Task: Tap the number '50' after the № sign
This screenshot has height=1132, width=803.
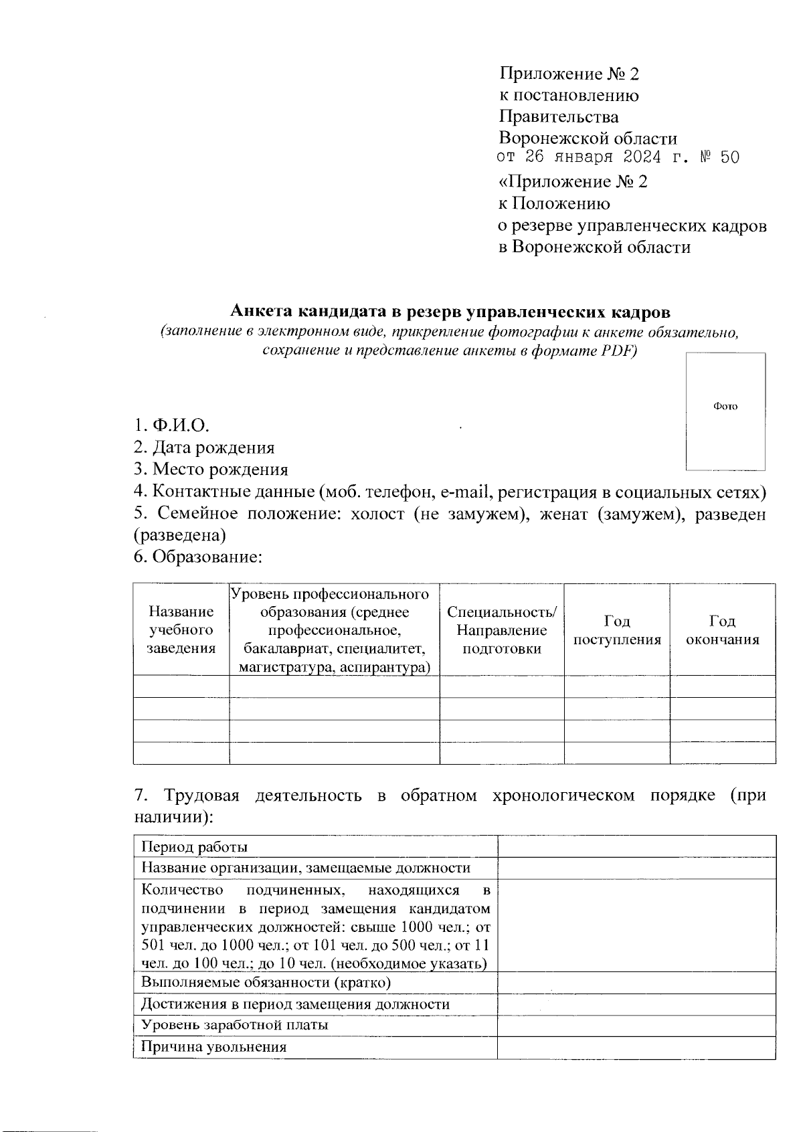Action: pos(729,158)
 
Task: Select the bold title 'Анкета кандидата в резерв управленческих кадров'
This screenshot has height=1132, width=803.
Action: pos(450,312)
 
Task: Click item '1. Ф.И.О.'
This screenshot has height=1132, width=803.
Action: pos(171,426)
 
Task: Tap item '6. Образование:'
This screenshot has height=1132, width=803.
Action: pos(197,557)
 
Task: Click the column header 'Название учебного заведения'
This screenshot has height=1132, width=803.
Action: pos(181,630)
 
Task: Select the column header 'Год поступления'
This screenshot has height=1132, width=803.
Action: pos(617,630)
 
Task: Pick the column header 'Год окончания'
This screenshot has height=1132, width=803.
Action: pos(723,630)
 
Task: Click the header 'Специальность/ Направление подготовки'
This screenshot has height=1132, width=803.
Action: pos(501,630)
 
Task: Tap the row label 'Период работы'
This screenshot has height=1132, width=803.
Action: pos(195,847)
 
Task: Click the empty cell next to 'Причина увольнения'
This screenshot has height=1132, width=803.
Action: pos(636,1048)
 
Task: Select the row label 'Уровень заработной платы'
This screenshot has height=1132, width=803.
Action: pos(234,1026)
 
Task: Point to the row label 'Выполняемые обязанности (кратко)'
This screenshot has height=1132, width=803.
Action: pos(266,982)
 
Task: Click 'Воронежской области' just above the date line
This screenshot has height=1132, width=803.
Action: pos(588,138)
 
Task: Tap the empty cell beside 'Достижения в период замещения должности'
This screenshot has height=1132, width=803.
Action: pos(636,1004)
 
